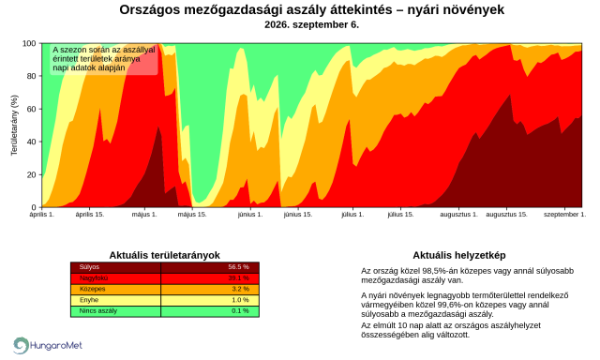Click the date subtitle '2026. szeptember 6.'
tap(311, 25)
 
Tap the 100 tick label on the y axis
tap(29, 44)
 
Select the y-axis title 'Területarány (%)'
tap(15, 125)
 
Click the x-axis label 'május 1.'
tap(144, 215)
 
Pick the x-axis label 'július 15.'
tap(400, 215)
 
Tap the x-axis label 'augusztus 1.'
tap(458, 215)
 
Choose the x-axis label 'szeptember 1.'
tap(564, 215)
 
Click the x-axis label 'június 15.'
tap(298, 215)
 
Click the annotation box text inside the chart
tap(104, 59)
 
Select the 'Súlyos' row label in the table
tap(89, 267)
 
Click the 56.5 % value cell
tap(238, 267)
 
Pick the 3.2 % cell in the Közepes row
tap(240, 289)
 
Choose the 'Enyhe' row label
tap(89, 300)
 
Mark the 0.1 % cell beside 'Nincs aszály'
tap(240, 310)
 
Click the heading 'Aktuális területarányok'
tap(165, 255)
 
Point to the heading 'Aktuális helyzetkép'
tap(459, 255)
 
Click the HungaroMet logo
tap(48, 345)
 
